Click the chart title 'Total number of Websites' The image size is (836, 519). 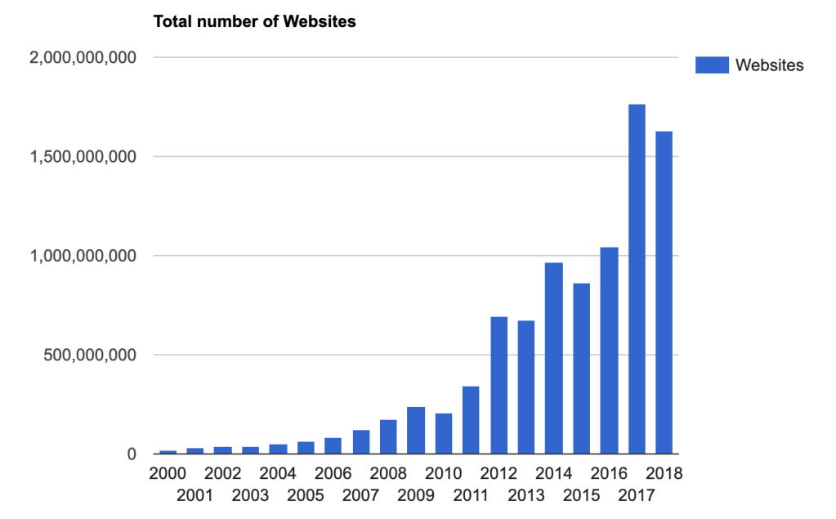255,22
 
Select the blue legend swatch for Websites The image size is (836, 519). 712,65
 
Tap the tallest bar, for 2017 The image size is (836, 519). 637,279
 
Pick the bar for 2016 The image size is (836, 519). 609,351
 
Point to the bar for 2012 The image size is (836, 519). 498,385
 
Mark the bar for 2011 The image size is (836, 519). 471,420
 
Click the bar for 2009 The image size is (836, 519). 416,430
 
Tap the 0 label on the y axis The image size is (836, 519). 130,454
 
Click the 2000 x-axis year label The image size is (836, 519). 168,474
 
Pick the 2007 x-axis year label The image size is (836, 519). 360,495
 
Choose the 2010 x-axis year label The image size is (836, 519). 444,474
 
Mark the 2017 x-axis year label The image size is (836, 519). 637,495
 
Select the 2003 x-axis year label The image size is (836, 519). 250,495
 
